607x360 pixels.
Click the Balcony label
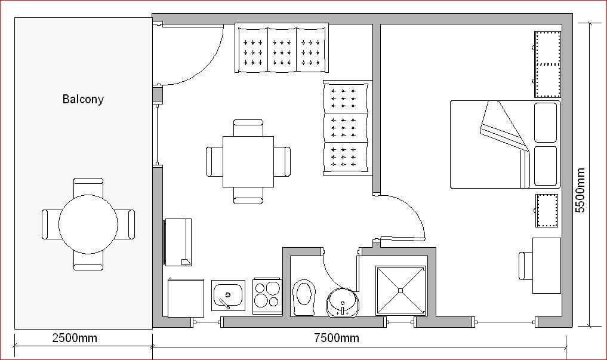(83, 99)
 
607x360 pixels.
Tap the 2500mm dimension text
(75, 338)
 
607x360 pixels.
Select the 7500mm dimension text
(337, 338)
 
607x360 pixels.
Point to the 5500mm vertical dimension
(580, 190)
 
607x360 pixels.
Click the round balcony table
(88, 224)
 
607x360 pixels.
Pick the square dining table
(248, 161)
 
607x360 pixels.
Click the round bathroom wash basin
(343, 302)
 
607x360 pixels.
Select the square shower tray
(400, 290)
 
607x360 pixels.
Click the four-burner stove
(267, 296)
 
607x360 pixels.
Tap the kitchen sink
(229, 296)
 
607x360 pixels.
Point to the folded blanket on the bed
(505, 128)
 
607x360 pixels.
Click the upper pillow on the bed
(546, 122)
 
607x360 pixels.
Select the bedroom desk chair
(526, 266)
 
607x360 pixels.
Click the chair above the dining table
(248, 128)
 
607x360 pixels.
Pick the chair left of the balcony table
(50, 224)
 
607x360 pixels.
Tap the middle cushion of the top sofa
(282, 50)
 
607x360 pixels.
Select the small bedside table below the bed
(547, 211)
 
